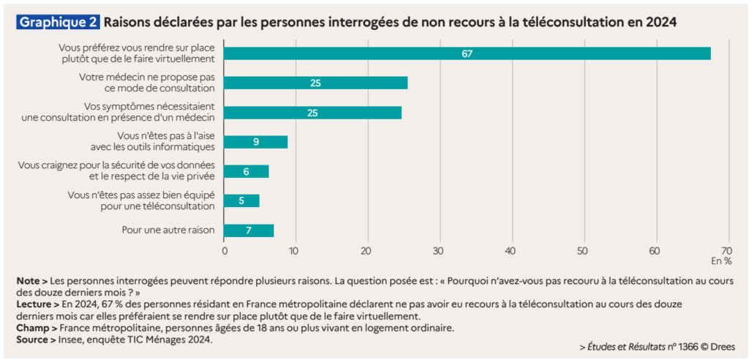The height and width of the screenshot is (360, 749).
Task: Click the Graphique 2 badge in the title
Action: (x=59, y=23)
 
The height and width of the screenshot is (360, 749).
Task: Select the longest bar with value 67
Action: (x=467, y=53)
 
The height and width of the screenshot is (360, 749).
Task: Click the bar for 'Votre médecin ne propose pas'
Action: (x=315, y=83)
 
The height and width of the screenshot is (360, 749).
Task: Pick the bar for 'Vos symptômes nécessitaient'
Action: (x=312, y=113)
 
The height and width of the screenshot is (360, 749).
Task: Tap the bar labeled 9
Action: (x=255, y=142)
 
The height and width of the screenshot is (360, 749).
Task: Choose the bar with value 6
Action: (x=246, y=171)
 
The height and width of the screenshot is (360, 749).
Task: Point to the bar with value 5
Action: (x=241, y=200)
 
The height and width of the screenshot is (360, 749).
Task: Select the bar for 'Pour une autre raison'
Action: (x=249, y=230)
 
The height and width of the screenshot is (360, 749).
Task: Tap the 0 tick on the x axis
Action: (x=224, y=250)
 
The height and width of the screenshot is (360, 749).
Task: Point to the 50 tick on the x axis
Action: (x=583, y=250)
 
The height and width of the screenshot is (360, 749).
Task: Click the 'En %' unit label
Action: (x=720, y=260)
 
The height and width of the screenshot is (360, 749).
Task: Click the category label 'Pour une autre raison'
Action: (x=168, y=230)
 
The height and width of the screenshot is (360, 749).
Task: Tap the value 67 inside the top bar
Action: (x=467, y=53)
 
